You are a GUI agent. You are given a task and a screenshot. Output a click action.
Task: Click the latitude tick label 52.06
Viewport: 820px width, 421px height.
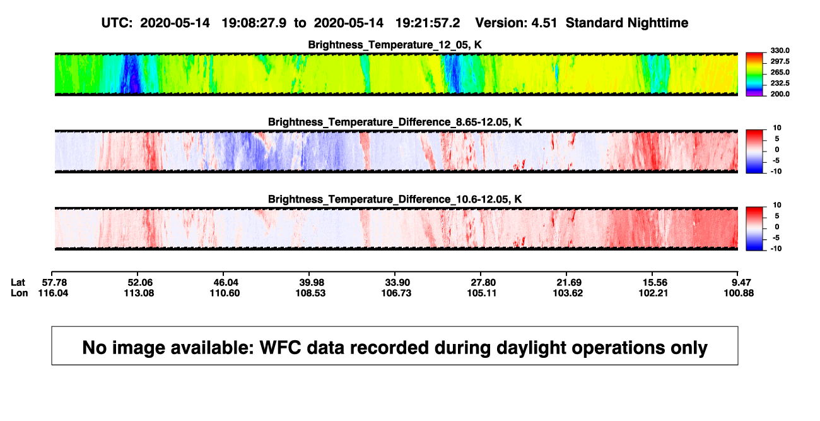140,283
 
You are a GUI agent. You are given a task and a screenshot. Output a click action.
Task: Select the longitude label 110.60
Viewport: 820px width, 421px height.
225,293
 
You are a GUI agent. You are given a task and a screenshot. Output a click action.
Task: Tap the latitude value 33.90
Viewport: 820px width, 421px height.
397,283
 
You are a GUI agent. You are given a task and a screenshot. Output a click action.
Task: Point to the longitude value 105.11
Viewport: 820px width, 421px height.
482,293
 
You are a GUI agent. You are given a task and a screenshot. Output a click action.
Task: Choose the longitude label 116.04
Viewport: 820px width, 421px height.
53,293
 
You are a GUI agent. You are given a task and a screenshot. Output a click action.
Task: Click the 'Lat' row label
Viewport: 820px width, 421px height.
18,283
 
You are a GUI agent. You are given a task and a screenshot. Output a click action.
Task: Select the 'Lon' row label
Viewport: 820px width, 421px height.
20,293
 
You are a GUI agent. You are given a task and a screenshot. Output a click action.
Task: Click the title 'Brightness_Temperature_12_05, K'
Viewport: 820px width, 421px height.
395,45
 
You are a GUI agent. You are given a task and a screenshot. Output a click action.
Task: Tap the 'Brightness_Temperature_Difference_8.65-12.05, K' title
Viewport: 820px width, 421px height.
395,122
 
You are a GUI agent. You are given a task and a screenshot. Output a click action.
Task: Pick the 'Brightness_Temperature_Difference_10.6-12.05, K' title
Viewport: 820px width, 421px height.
395,199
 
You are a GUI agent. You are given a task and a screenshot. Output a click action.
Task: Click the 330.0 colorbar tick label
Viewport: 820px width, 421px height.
780,50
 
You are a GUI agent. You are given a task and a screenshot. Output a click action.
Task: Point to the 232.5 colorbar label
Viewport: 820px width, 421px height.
780,83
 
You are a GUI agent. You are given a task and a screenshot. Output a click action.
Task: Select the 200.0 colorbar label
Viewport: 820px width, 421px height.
780,94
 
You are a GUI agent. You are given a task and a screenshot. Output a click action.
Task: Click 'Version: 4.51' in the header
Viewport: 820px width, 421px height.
516,23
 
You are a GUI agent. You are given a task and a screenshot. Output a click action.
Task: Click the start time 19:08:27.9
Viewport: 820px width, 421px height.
254,23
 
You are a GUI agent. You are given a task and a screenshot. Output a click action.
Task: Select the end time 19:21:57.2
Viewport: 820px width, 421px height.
428,23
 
